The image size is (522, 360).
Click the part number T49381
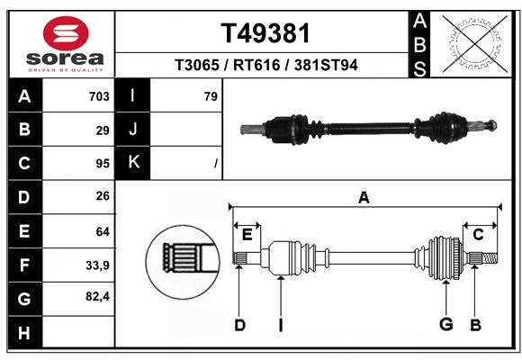265,33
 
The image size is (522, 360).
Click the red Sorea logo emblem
66,33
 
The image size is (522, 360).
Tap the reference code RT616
256,65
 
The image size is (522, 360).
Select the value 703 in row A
99,96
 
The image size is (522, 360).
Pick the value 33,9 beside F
97,265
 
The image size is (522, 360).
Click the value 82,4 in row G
97,296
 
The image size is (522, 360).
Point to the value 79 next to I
211,96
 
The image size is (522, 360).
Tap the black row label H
25,333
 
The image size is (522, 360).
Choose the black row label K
133,163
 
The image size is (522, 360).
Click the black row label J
133,129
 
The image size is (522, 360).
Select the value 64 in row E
103,231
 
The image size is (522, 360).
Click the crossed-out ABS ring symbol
475,44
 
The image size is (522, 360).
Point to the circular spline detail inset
183,262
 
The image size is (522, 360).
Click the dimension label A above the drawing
364,197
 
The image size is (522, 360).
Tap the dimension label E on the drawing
247,235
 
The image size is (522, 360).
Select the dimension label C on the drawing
478,235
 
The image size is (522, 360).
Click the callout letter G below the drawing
446,324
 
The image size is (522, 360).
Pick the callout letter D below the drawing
239,325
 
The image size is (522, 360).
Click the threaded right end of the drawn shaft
490,258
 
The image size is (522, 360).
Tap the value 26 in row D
103,196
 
